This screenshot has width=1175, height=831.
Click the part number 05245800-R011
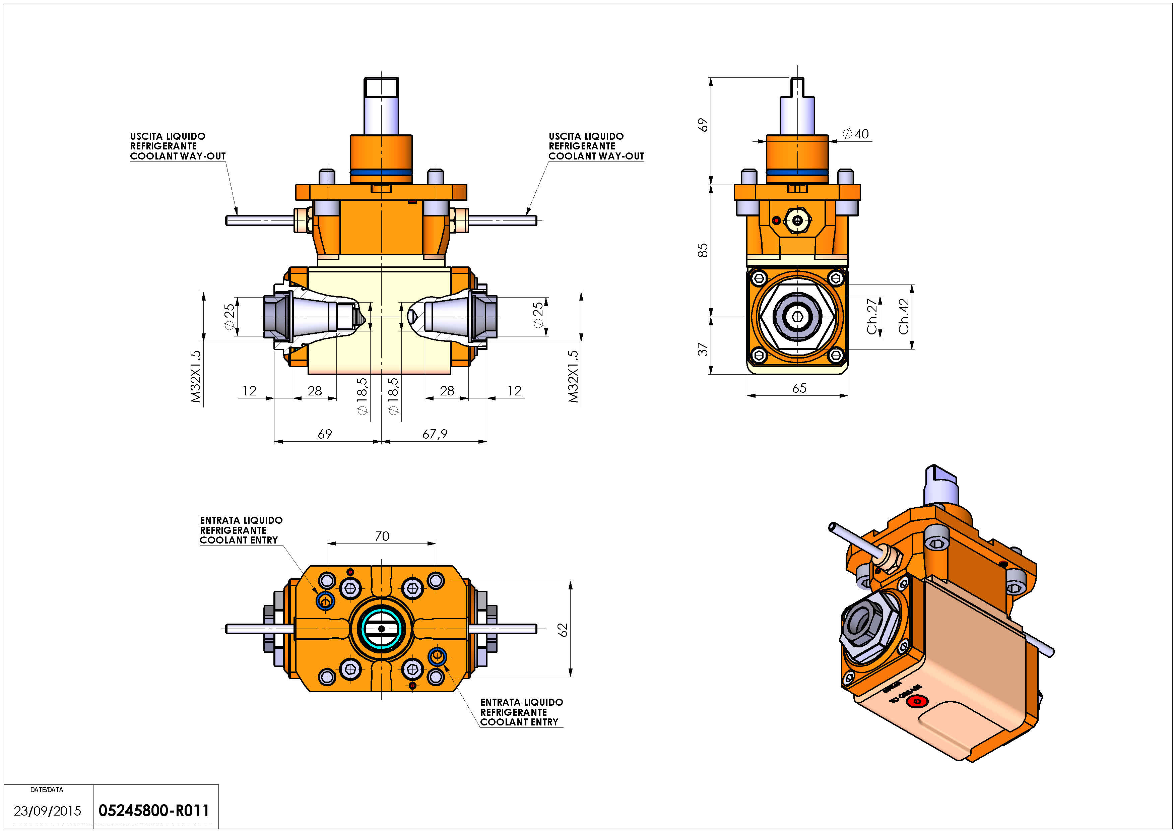(153, 811)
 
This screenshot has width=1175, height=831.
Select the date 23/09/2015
(47, 811)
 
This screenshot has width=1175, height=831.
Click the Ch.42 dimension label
(904, 316)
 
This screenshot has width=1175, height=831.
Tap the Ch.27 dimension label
(872, 316)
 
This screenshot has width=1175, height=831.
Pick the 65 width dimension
(799, 388)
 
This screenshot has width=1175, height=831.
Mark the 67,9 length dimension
(435, 434)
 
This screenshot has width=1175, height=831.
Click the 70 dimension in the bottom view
(382, 536)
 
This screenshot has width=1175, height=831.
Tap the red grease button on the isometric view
(917, 701)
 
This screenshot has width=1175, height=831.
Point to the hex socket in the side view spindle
(797, 317)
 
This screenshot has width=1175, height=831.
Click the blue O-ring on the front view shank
(381, 173)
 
